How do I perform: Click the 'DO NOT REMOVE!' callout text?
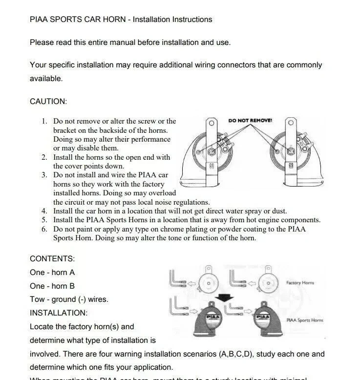pyautogui.click(x=250, y=120)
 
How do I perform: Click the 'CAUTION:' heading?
pyautogui.click(x=48, y=102)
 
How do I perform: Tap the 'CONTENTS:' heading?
pyautogui.click(x=52, y=258)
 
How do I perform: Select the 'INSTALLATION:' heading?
pyautogui.click(x=59, y=313)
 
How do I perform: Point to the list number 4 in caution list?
pyautogui.click(x=44, y=211)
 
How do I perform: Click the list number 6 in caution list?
pyautogui.click(x=44, y=229)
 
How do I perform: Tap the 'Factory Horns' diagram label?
pyautogui.click(x=300, y=283)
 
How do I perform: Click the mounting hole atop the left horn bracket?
pyautogui.click(x=212, y=123)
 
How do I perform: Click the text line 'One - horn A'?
pyautogui.click(x=52, y=272)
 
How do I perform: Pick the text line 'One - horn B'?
pyautogui.click(x=52, y=286)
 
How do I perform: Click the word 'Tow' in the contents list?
pyautogui.click(x=37, y=299)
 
